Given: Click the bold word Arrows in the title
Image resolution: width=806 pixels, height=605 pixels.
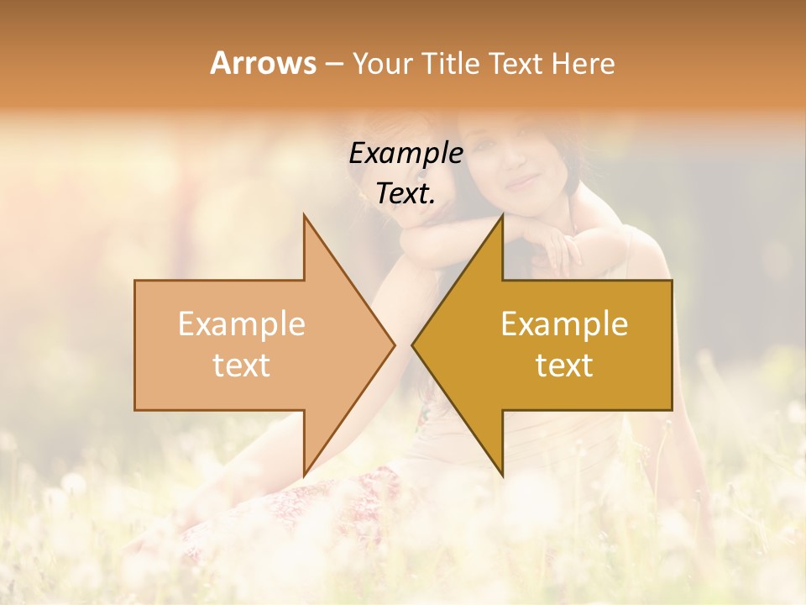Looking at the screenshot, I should [264, 63].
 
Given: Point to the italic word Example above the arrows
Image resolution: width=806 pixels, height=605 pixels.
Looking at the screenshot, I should [406, 154].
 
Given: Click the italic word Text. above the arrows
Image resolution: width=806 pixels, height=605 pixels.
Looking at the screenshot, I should [406, 194].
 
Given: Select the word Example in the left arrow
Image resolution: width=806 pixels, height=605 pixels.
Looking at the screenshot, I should [241, 324].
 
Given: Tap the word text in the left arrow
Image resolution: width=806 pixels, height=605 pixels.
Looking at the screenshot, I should [241, 366].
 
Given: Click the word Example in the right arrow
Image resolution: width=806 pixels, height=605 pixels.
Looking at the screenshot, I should [564, 324].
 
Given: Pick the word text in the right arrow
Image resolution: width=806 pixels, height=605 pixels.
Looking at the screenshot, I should [564, 366].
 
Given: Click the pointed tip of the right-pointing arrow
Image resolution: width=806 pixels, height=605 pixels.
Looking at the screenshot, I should [395, 345].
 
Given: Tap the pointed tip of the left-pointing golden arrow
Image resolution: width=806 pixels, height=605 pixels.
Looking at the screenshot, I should [412, 345].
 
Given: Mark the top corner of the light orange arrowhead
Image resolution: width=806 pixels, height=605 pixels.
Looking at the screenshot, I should [304, 215].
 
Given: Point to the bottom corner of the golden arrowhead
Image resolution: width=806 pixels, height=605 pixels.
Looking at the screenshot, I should [502, 475].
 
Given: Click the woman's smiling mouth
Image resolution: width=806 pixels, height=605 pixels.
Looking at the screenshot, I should [521, 181].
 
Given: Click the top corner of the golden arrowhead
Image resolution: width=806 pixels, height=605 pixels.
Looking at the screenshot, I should [502, 215].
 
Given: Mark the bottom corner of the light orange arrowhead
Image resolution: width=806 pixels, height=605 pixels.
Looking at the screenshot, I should [304, 475].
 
